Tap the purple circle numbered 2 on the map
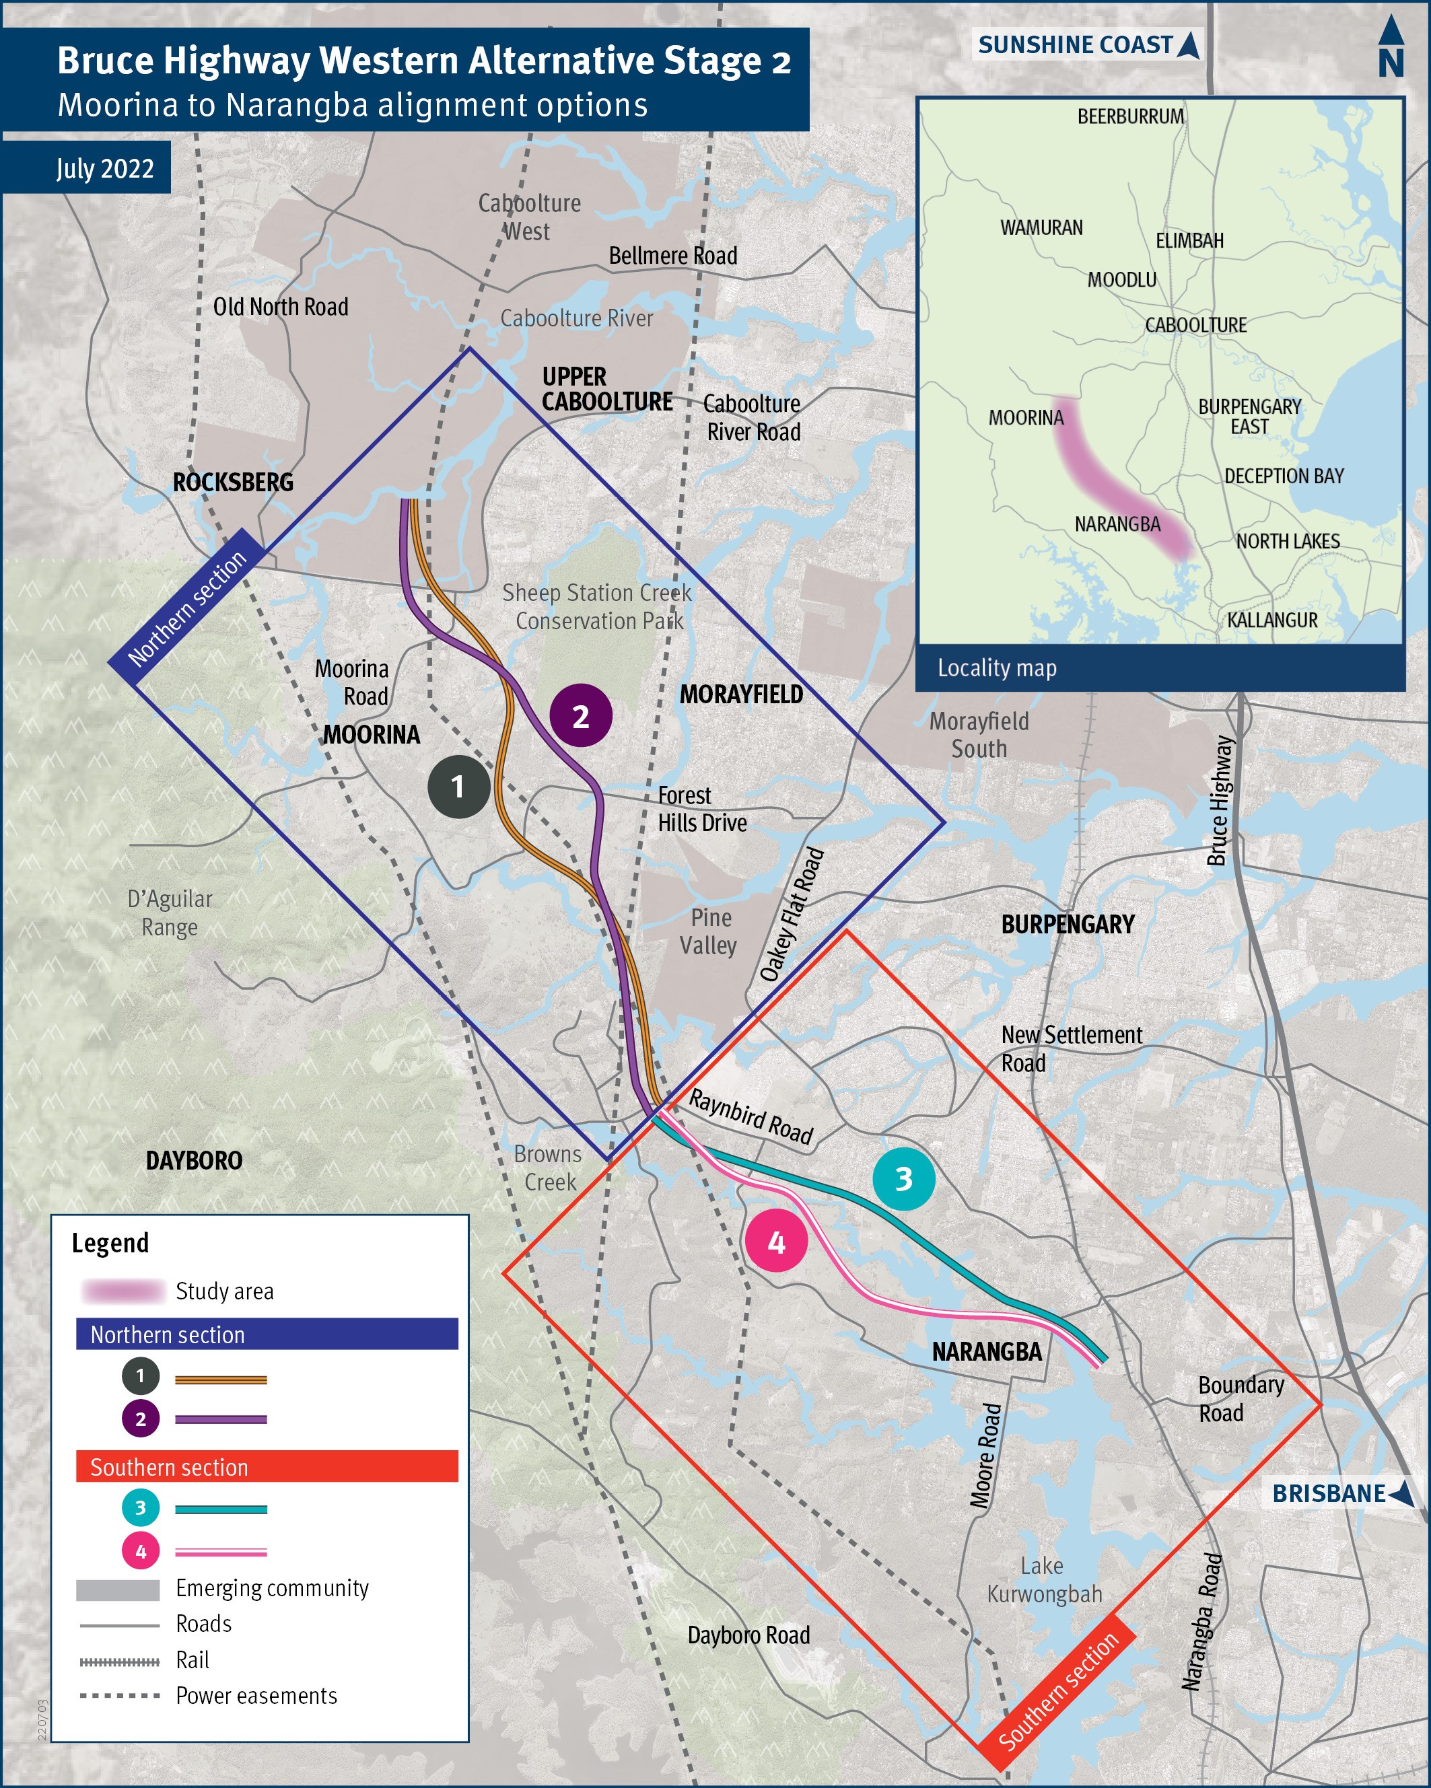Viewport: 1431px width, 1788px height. coord(581,716)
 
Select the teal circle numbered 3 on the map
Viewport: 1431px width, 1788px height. coord(903,1178)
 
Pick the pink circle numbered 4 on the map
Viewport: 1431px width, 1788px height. coord(775,1242)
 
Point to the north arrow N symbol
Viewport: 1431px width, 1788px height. coord(1391,50)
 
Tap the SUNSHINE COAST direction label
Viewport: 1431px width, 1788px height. coord(1087,45)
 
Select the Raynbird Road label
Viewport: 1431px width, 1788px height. coord(751,1116)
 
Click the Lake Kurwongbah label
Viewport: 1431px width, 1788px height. coord(1043,1580)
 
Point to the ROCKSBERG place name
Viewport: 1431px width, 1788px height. coord(233,482)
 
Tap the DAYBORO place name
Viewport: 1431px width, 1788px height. coord(194,1160)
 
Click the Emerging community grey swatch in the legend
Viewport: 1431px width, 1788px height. coord(118,1589)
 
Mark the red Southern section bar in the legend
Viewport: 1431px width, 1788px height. coord(267,1467)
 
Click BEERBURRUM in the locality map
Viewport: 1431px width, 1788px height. coord(1130,116)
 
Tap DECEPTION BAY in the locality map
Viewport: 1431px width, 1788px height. coord(1284,476)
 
